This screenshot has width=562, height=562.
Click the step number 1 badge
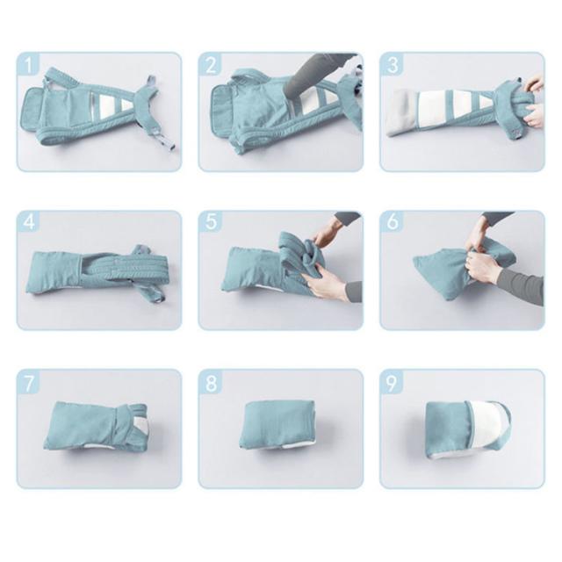tap(28, 64)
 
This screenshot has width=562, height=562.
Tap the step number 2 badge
tap(211, 64)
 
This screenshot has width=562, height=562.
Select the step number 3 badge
tap(393, 64)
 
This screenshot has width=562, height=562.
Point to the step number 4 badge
tap(28, 222)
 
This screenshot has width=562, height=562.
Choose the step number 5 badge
tap(211, 222)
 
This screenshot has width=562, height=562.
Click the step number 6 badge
tap(393, 222)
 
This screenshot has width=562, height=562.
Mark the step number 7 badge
tap(28, 381)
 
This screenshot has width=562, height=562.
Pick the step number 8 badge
tap(211, 381)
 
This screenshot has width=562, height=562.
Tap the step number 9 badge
tap(393, 381)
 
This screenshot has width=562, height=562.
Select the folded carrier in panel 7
tap(96, 425)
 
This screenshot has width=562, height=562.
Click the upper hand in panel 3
tap(536, 84)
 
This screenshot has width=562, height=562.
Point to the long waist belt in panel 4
tap(130, 267)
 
